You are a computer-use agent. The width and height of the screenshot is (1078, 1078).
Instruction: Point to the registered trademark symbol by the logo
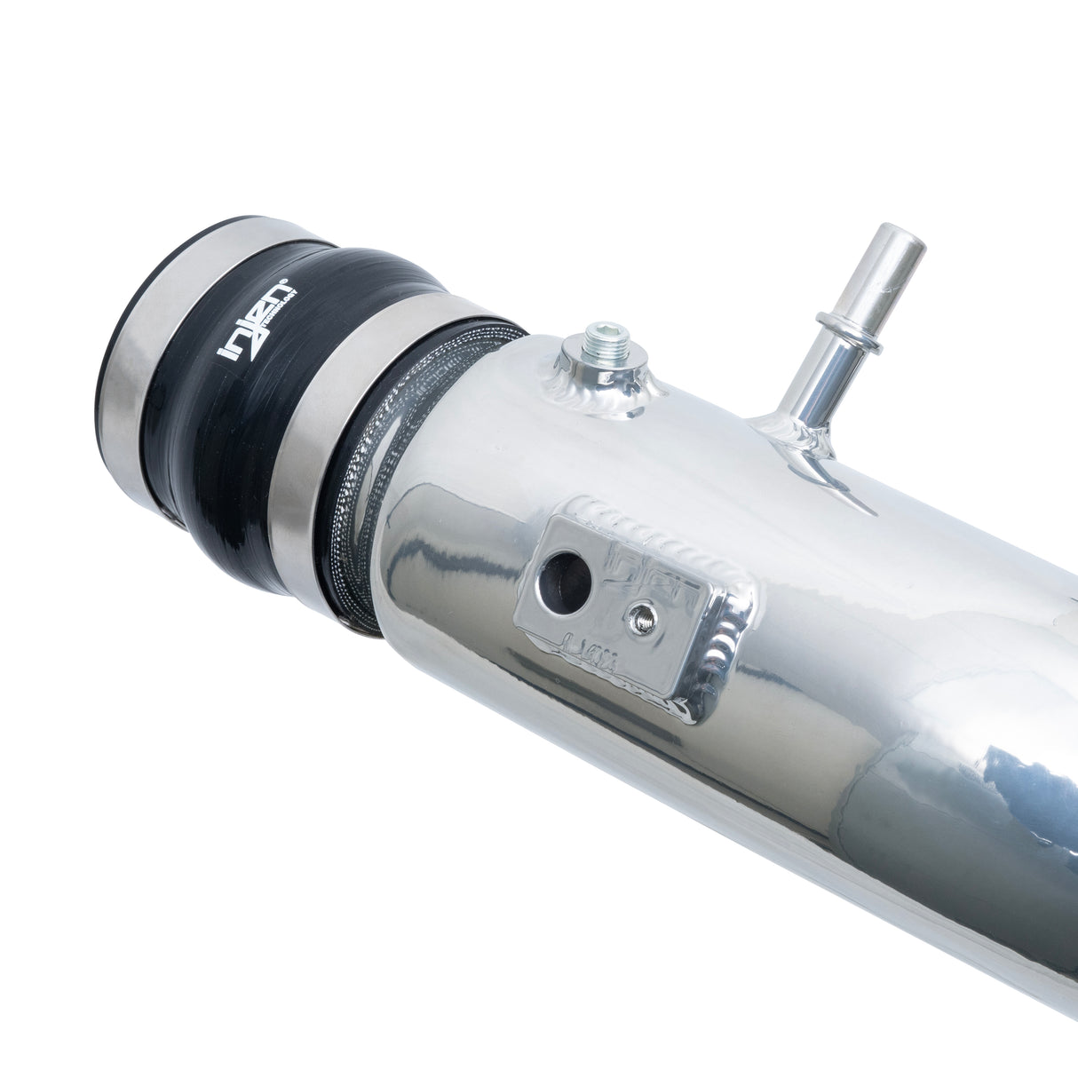click(x=283, y=286)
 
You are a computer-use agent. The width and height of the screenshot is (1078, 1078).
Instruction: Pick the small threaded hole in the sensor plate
click(x=641, y=619)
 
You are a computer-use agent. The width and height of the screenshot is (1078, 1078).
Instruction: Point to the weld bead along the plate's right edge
click(x=730, y=639)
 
